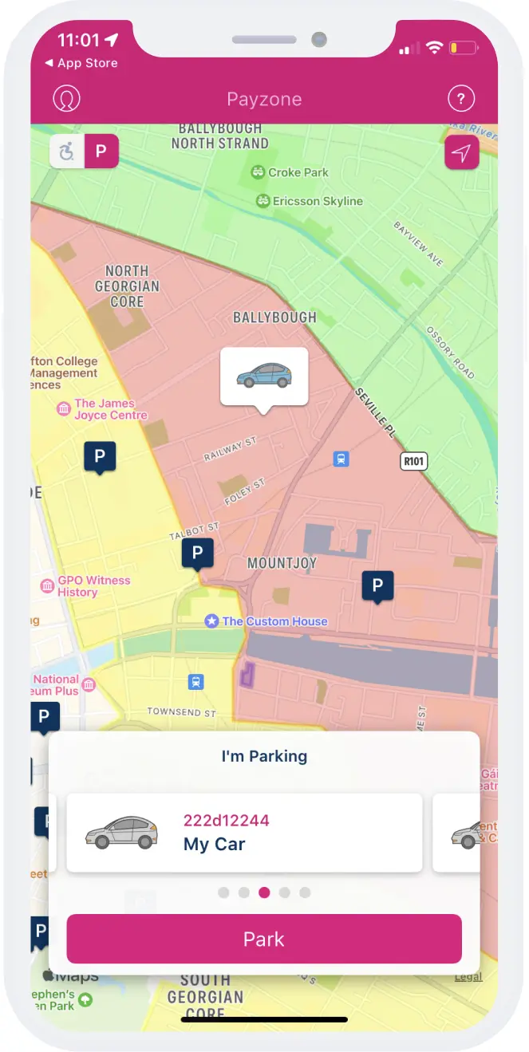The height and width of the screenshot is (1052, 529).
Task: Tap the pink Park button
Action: [x=264, y=939]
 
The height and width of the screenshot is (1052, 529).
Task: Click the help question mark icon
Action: [x=461, y=99]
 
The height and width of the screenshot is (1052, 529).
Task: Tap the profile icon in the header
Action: [x=67, y=99]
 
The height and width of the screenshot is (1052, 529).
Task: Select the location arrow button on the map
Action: [x=461, y=153]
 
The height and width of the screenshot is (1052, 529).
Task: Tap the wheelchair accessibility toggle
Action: [x=68, y=152]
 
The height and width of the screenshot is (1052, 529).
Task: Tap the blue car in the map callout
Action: [x=264, y=375]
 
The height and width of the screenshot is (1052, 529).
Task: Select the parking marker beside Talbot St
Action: [x=197, y=552]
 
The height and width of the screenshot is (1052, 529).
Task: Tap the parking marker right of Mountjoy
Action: [x=377, y=585]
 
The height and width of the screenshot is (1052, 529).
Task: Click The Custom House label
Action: [x=274, y=621]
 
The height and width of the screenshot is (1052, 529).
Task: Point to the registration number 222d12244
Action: [x=227, y=820]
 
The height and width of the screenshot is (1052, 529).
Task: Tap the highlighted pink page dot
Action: [x=264, y=892]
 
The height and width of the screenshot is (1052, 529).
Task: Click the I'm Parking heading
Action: [x=264, y=756]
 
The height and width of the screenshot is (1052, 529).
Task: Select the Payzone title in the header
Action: [x=264, y=100]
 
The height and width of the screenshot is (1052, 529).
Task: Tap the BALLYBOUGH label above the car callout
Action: [x=274, y=317]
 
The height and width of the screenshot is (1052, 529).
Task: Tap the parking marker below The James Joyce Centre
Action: [x=100, y=456]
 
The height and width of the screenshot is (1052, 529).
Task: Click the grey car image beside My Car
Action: [x=121, y=833]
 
